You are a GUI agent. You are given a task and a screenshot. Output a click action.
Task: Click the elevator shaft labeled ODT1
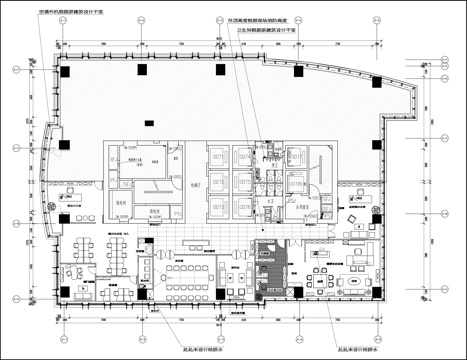tap(218, 157)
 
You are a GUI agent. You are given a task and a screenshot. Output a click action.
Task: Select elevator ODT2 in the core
tap(218, 181)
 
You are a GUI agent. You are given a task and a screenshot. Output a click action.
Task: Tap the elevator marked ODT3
tap(218, 205)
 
